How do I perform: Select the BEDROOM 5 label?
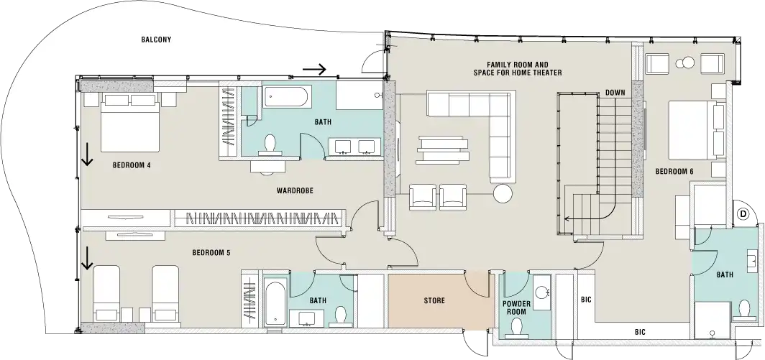211,253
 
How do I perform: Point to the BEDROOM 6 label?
674,172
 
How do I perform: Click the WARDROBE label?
293,191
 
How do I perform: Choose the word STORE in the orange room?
434,300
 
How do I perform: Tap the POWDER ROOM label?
516,308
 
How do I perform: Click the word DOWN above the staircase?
615,93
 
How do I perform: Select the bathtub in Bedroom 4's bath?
285,97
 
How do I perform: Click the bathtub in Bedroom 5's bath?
275,303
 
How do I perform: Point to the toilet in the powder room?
516,329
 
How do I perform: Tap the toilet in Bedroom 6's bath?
745,309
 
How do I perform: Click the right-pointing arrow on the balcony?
314,70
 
